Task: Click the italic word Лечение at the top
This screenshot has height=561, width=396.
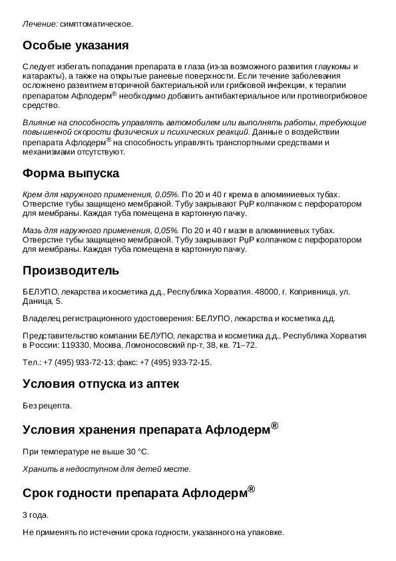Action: point(39,24)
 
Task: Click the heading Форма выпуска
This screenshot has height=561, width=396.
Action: point(71,174)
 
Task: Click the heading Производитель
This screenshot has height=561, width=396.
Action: point(71,271)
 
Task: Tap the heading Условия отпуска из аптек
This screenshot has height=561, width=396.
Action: point(101,384)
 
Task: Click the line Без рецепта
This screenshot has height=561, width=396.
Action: point(47,405)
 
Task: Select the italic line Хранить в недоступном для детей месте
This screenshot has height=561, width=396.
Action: point(106,469)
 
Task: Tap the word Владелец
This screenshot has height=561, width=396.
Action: point(42,318)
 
